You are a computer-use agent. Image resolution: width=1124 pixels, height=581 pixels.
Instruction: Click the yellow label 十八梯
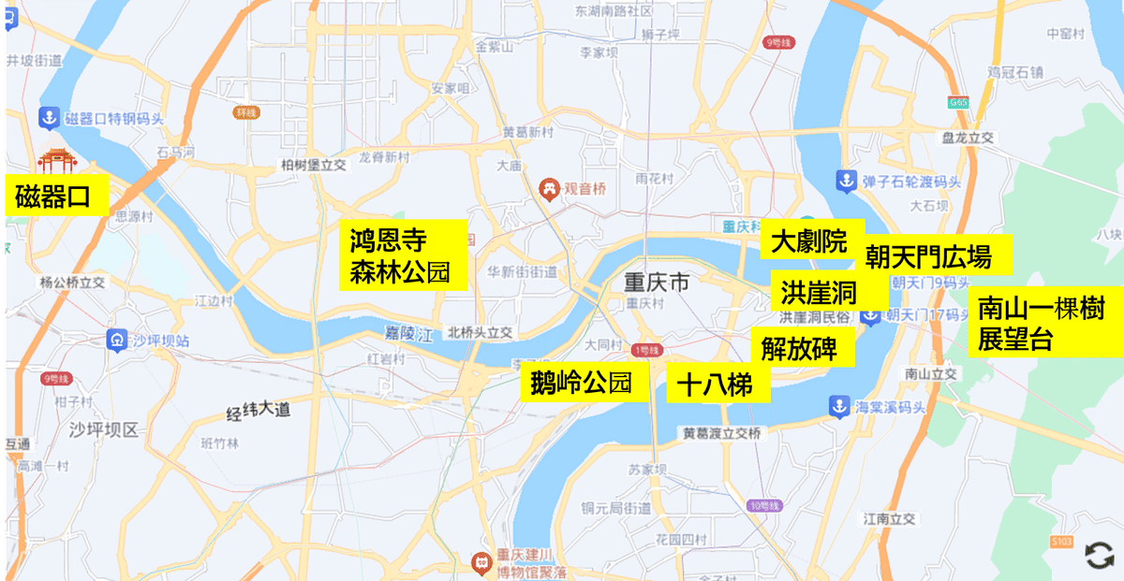point(717,385)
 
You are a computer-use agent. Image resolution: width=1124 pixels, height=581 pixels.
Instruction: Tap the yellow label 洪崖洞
point(818,293)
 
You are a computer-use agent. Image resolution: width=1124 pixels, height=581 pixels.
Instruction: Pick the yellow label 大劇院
point(809,241)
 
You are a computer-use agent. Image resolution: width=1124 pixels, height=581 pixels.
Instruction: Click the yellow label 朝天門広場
point(927,254)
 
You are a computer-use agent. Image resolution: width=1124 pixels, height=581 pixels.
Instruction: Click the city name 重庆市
point(657,282)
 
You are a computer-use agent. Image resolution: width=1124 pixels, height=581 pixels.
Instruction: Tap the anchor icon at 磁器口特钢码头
point(45,119)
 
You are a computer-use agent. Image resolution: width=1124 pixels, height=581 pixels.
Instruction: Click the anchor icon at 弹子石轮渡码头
point(844,181)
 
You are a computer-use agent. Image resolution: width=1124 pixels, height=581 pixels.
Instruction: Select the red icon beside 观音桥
point(548,188)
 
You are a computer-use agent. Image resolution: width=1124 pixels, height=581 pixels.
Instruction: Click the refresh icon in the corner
point(1099,555)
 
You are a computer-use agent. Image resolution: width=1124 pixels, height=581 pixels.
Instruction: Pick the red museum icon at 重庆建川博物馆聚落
point(481,563)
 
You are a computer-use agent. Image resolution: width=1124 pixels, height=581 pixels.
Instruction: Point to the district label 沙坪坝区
point(103,429)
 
